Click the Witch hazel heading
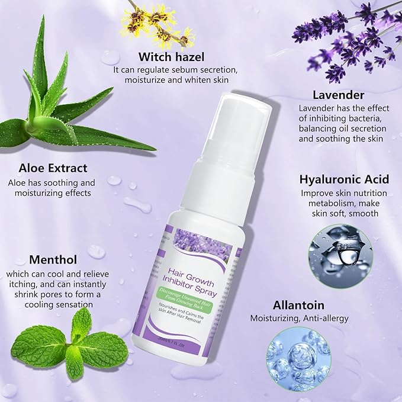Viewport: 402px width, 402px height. tap(172, 57)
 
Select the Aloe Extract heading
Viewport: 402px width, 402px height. tap(52, 168)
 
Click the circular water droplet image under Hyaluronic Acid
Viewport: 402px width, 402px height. tap(333, 255)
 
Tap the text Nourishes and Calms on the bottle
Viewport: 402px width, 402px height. tap(190, 305)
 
